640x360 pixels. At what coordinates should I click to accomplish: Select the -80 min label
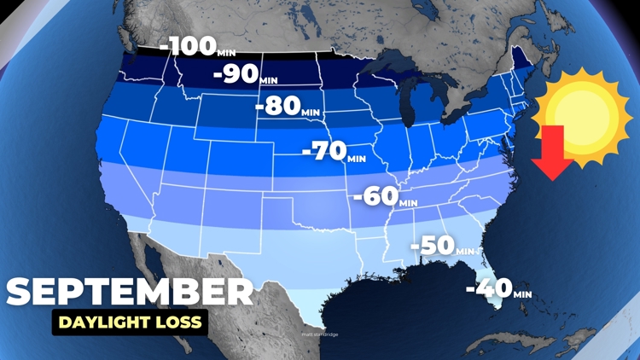[x=288, y=107]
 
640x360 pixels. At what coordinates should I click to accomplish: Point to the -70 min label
[x=334, y=153]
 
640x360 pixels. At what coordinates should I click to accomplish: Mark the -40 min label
[x=498, y=289]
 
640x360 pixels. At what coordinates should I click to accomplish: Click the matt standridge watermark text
[x=320, y=334]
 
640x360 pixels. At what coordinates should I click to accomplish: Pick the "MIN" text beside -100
[x=227, y=54]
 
